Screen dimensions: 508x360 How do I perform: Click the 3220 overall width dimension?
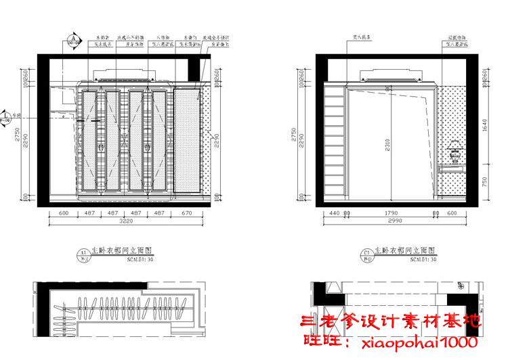pyautogui.click(x=125, y=221)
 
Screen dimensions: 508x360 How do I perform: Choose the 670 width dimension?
pyautogui.click(x=188, y=213)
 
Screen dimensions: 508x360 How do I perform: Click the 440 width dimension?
pyautogui.click(x=333, y=213)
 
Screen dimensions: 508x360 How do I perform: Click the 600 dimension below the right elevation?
pyautogui.click(x=452, y=213)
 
